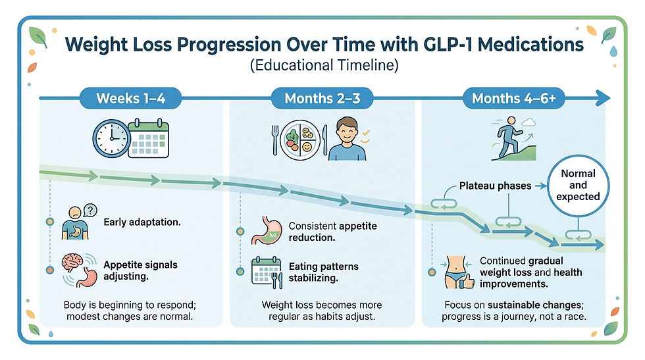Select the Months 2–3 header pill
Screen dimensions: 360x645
(322, 99)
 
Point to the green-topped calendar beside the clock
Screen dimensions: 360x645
(148, 139)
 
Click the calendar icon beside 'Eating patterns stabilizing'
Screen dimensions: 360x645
(267, 272)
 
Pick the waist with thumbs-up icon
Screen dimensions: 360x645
(458, 272)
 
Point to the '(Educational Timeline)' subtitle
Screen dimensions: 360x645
(322, 66)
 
